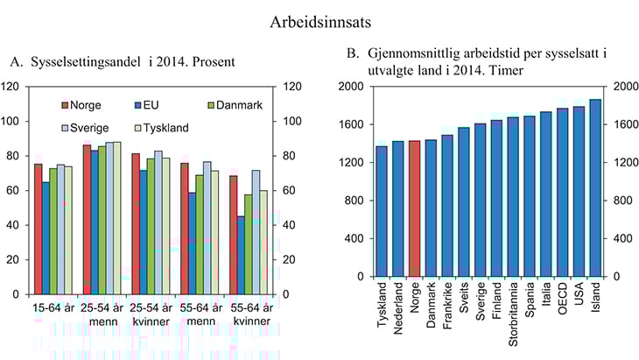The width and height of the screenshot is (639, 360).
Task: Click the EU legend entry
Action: (148, 105)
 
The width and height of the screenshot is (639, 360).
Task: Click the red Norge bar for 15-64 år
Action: (39, 229)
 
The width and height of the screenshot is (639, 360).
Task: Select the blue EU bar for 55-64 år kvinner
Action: (241, 255)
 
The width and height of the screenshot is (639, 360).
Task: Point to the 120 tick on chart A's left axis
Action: (12, 87)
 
